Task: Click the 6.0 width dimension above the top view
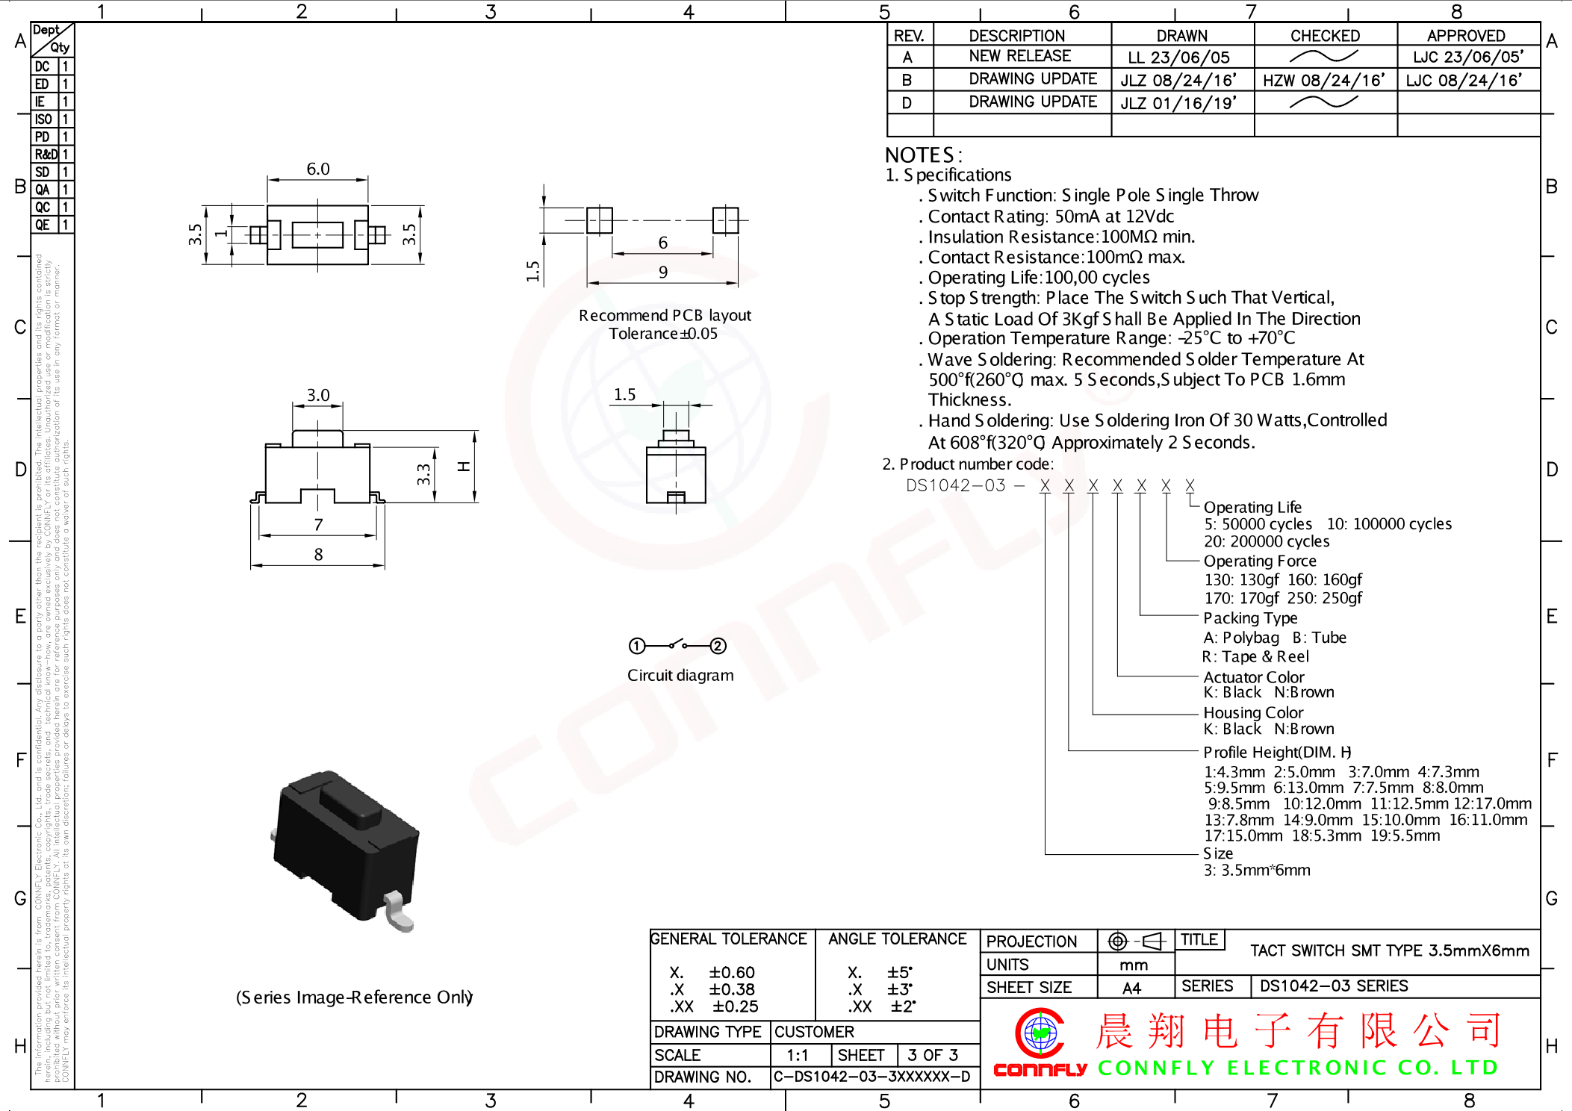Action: point(317,169)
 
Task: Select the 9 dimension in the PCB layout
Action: point(662,273)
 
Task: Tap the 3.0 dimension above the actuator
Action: point(318,395)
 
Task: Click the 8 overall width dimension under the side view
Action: point(318,555)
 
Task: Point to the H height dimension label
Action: point(464,467)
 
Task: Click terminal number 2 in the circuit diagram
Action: point(718,646)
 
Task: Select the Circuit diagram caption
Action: point(680,676)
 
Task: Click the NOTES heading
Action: point(923,155)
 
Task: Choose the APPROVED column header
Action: point(1465,36)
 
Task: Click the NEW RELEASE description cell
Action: point(1019,57)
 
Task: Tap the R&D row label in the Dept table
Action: point(46,155)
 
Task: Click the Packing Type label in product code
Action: point(1250,618)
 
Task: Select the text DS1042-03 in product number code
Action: point(956,486)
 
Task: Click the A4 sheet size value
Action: point(1131,988)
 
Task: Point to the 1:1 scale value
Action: point(797,1055)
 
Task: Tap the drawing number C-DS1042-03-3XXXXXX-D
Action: point(872,1077)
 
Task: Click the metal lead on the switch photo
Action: point(398,912)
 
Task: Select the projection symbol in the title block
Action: point(1135,941)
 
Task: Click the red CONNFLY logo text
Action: point(1040,1070)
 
